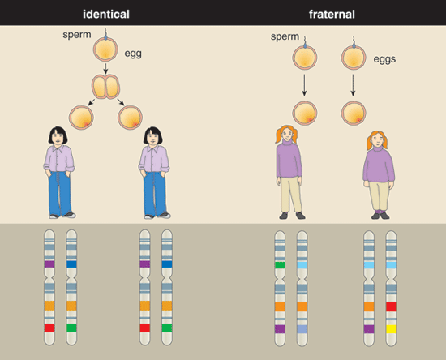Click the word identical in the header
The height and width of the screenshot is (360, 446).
point(106,14)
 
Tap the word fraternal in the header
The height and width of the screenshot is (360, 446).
point(332,15)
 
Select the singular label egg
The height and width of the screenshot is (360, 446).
point(133,54)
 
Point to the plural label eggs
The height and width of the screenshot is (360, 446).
point(384,59)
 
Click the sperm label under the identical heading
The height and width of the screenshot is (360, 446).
point(77,35)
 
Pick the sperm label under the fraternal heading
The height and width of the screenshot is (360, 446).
point(285,36)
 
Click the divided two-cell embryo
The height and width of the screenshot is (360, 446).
point(105,87)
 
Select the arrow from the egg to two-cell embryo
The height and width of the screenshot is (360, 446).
point(105,68)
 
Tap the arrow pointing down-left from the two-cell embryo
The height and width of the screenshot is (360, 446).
point(92,102)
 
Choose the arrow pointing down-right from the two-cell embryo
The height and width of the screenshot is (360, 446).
point(121,102)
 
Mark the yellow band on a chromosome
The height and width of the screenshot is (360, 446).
point(391,329)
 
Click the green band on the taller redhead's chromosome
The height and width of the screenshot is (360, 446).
point(280,265)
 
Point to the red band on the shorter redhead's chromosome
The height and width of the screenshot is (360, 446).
point(391,306)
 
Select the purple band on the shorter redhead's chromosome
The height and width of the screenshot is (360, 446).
point(369,329)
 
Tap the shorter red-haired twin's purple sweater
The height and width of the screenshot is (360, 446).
point(379,165)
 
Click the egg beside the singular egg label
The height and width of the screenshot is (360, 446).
point(105,49)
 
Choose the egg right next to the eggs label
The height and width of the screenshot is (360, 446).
point(354,58)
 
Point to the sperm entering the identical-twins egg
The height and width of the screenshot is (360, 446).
point(105,34)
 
